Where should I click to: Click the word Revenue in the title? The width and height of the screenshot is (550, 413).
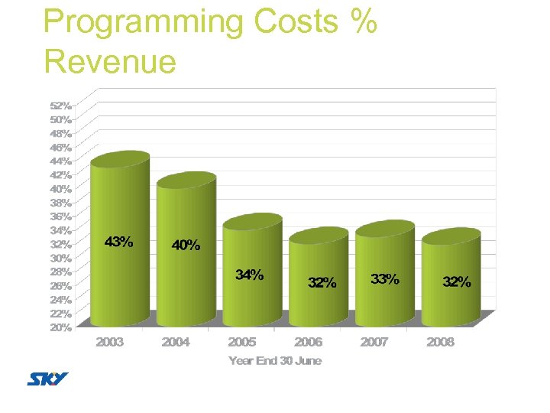[110, 61]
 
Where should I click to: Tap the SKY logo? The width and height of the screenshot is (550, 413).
[47, 379]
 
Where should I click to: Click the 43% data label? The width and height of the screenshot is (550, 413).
[118, 242]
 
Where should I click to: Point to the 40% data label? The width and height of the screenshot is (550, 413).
[186, 246]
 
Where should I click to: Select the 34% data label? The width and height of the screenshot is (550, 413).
[250, 275]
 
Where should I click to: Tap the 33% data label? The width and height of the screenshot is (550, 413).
[384, 279]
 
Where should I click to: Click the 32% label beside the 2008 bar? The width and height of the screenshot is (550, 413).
[457, 282]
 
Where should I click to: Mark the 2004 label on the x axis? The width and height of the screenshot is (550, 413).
[176, 342]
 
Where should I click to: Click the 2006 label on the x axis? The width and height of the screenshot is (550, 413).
[308, 342]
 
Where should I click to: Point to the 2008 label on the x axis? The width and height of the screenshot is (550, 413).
[440, 342]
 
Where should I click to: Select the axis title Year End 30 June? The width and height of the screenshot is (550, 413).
[275, 360]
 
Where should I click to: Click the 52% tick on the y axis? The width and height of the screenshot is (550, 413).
[62, 106]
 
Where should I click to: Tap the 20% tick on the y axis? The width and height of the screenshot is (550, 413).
[62, 327]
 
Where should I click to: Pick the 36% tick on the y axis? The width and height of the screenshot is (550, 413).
[62, 216]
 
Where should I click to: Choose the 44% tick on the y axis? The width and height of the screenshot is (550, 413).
[62, 161]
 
